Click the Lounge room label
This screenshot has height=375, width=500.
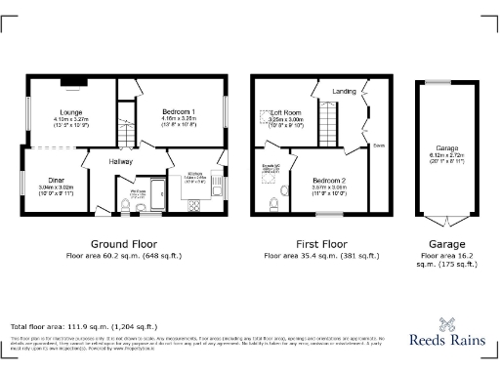pos(70,113)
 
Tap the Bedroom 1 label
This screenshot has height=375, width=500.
pos(179,112)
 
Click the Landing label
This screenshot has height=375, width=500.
pos(344,92)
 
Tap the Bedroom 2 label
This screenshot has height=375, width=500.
pos(329,181)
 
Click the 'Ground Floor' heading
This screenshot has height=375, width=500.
pos(124,243)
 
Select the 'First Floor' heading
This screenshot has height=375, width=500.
pos(320,243)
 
